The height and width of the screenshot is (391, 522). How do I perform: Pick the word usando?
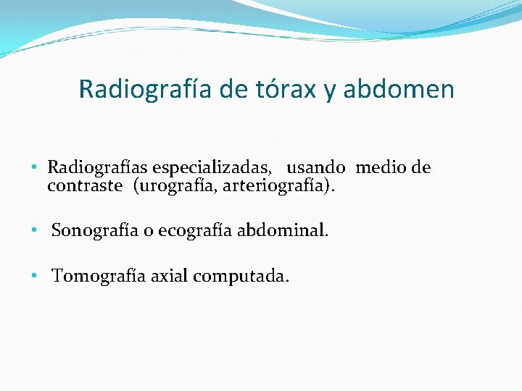coord(316,168)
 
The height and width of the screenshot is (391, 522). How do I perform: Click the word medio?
coord(381,168)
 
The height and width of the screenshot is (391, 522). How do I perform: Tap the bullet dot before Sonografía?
coord(35,232)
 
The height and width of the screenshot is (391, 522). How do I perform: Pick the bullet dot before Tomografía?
coord(35,277)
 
